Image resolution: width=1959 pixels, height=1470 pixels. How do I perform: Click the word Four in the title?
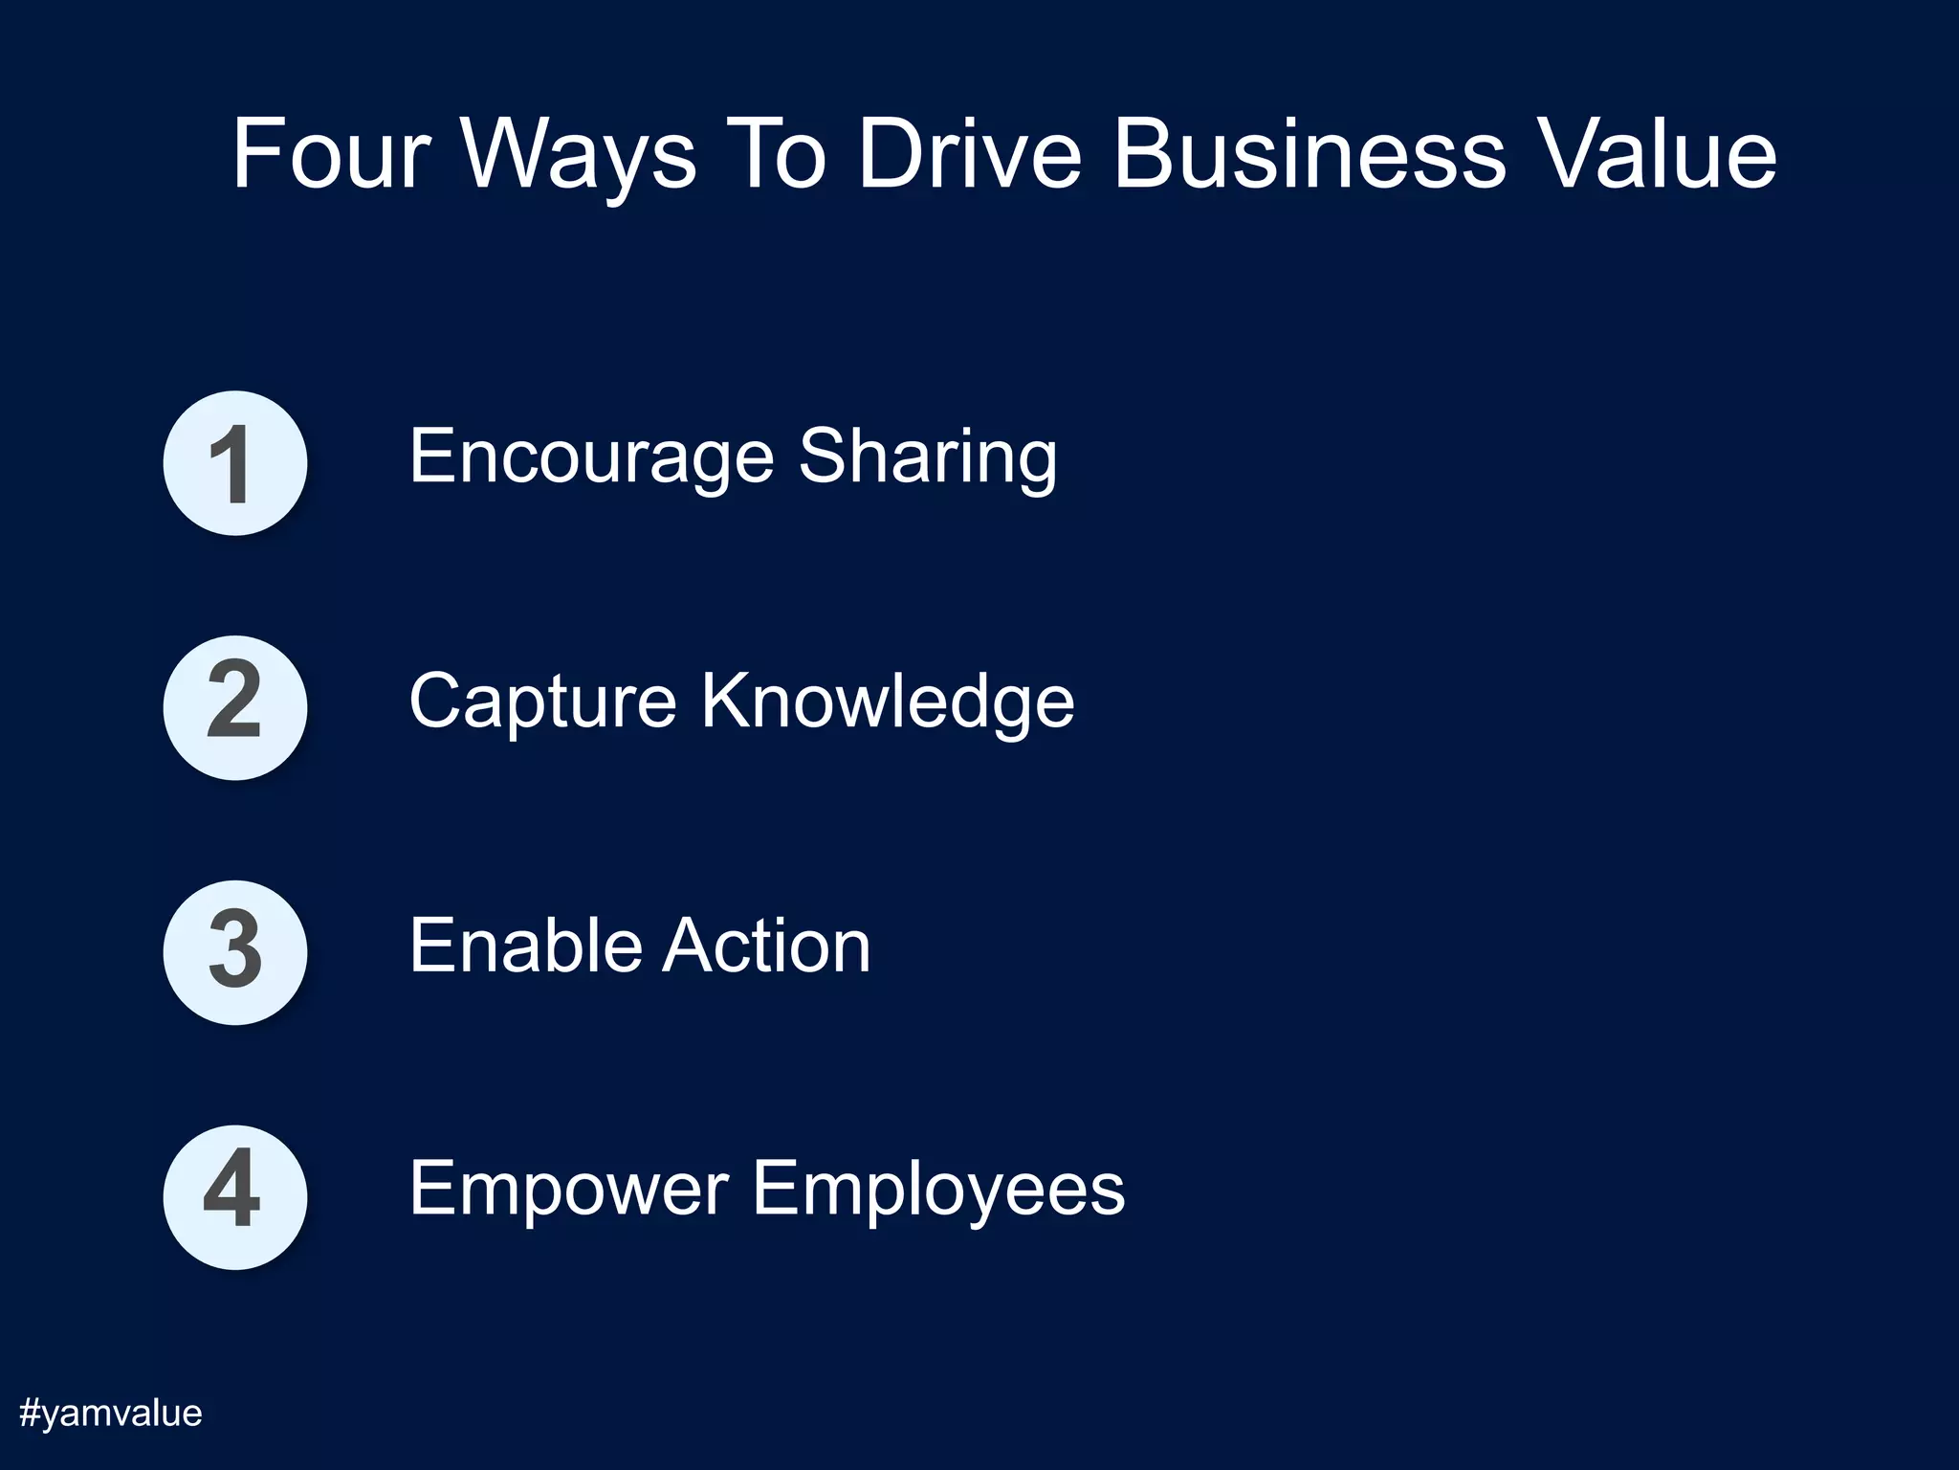pos(331,154)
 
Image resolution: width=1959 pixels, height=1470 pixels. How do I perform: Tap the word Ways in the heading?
pos(579,156)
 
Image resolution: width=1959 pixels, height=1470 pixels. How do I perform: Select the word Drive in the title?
pos(969,154)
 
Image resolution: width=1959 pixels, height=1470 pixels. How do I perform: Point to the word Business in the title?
pos(1310,154)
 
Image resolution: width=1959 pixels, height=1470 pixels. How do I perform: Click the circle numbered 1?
pos(234,463)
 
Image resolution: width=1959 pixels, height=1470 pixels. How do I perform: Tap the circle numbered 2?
pos(234,707)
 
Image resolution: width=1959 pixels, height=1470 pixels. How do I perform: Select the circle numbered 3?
pos(234,952)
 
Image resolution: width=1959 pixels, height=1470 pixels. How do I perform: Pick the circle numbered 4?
pos(234,1196)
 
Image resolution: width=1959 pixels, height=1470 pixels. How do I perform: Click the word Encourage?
pos(590,457)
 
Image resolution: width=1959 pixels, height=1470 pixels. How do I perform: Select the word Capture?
pos(543,702)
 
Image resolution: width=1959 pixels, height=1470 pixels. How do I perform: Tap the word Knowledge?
pos(888,702)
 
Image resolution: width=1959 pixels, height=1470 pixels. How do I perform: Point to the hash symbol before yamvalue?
pos(30,1413)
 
